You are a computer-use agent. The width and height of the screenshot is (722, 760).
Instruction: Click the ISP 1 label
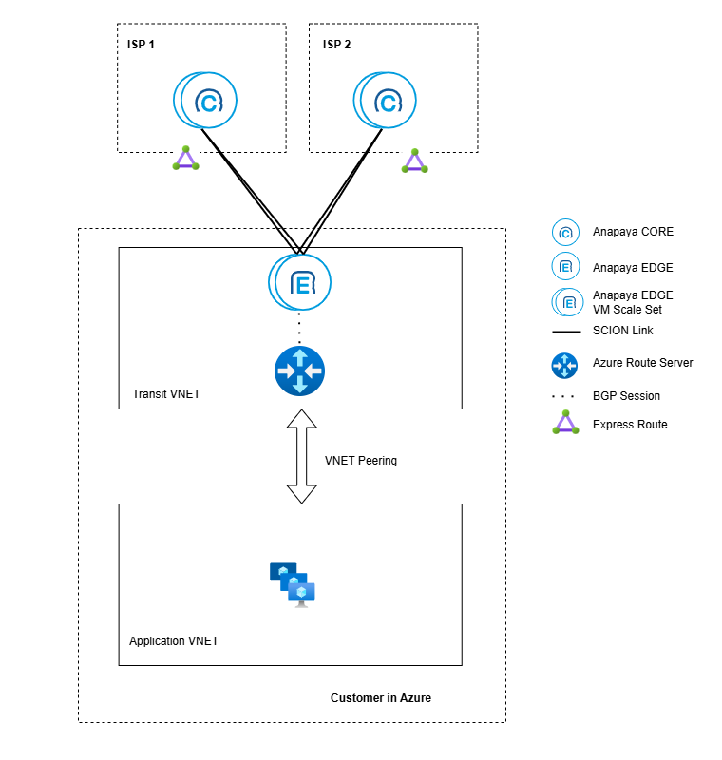coord(142,45)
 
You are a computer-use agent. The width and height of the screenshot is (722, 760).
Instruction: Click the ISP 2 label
coord(337,45)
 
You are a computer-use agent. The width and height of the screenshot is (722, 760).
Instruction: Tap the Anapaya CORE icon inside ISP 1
coord(205,101)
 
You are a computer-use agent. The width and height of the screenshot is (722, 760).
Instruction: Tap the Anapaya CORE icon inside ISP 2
coord(386,101)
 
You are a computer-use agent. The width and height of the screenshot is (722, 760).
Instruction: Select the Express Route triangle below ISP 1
coord(186,160)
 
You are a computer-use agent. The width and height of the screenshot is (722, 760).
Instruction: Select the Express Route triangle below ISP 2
coord(414,161)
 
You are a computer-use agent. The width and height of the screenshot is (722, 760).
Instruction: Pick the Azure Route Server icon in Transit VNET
coord(299,370)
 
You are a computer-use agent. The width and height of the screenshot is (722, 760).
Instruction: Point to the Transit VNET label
coord(166,394)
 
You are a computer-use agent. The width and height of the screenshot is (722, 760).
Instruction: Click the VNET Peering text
coord(361,461)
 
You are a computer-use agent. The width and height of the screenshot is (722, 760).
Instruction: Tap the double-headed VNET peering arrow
coord(301,457)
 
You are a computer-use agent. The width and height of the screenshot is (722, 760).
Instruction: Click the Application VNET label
coord(174,641)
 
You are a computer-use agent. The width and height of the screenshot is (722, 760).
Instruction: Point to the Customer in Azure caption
coord(381,698)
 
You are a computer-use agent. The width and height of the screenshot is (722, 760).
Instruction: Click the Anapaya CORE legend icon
coord(565,232)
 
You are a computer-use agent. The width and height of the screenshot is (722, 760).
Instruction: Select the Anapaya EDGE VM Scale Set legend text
coord(633,302)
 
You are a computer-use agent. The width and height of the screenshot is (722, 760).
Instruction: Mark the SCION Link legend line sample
coord(565,332)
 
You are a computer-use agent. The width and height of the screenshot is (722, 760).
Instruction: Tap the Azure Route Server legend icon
coord(565,363)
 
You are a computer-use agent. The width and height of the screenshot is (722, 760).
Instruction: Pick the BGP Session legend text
coord(626,396)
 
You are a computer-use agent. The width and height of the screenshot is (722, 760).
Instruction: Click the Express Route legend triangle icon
coord(565,423)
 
